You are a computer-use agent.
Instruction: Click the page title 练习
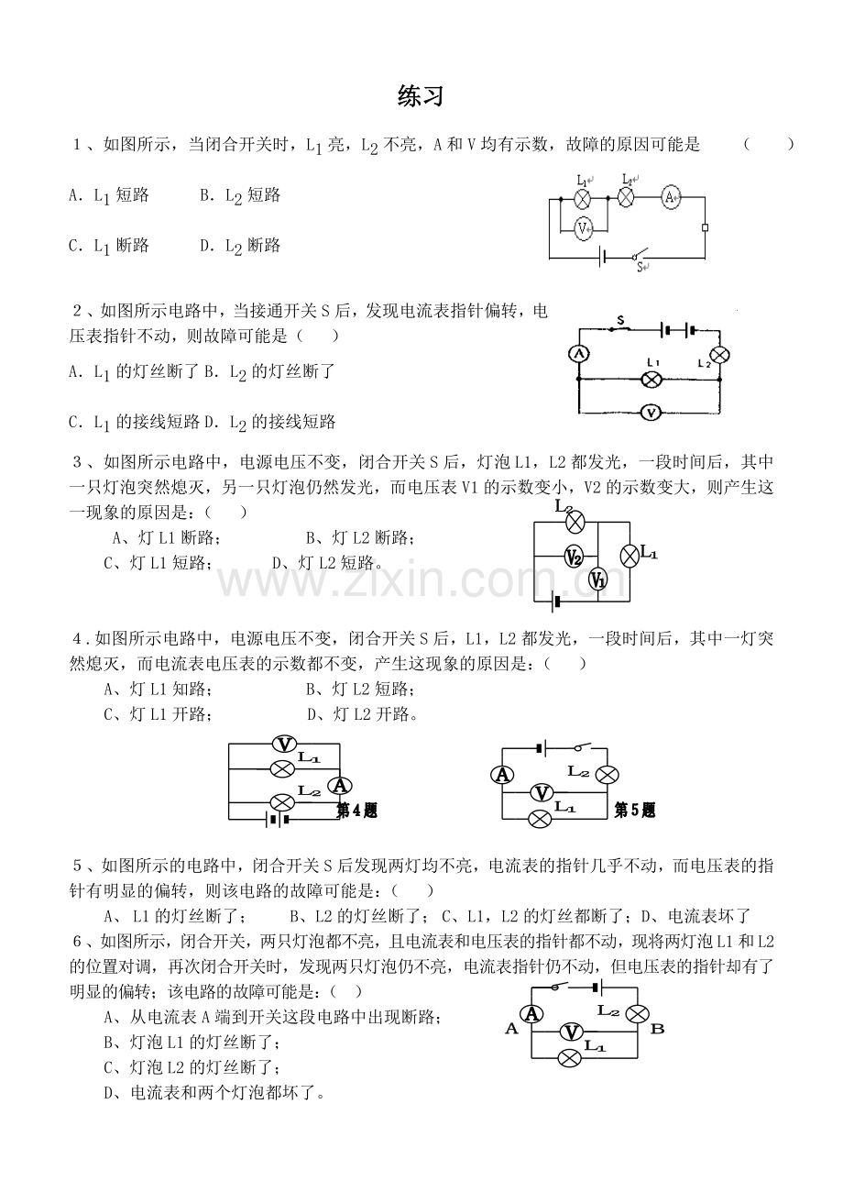click(x=421, y=96)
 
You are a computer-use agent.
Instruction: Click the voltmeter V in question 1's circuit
click(x=584, y=229)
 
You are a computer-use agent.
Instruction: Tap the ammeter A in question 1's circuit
click(x=671, y=197)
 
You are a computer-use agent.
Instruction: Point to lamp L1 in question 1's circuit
click(x=584, y=198)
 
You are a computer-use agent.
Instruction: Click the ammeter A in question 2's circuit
click(x=579, y=354)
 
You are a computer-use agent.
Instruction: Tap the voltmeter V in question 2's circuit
click(x=651, y=413)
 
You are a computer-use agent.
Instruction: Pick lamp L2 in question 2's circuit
click(x=720, y=355)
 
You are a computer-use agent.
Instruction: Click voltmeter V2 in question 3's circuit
click(x=574, y=557)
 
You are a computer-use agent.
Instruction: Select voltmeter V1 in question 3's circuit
click(x=598, y=579)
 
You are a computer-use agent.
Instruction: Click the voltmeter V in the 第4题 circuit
click(x=285, y=744)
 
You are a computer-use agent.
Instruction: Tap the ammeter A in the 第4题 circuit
click(x=340, y=785)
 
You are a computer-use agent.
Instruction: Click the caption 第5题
click(x=634, y=810)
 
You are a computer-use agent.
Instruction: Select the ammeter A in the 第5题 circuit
click(x=502, y=775)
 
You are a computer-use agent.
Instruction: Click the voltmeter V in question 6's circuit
click(x=572, y=1032)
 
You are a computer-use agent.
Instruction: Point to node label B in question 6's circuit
click(x=657, y=1028)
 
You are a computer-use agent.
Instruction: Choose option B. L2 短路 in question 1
click(x=240, y=196)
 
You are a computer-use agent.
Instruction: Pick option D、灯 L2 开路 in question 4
click(x=362, y=714)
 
